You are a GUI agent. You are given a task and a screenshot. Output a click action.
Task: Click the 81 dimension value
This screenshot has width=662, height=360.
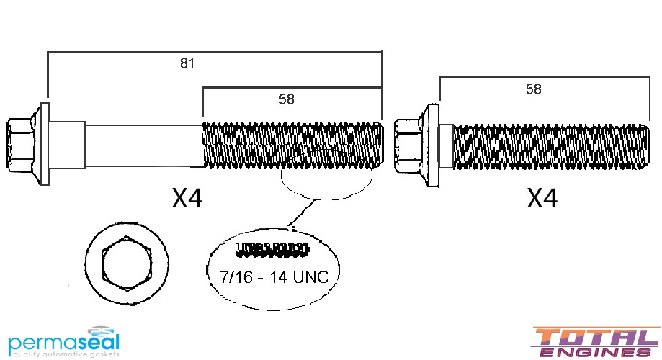[x=187, y=63]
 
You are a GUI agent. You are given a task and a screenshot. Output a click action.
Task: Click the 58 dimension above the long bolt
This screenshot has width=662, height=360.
[x=287, y=99]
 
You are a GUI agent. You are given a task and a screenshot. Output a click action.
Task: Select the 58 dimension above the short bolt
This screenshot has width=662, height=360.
[x=534, y=89]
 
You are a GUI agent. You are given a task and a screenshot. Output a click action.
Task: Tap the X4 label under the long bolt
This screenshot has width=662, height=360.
[x=187, y=199]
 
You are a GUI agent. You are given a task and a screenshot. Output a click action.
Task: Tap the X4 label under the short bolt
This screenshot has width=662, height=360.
[x=542, y=199]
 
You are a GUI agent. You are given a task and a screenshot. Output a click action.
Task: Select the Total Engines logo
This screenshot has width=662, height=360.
[x=595, y=342]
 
